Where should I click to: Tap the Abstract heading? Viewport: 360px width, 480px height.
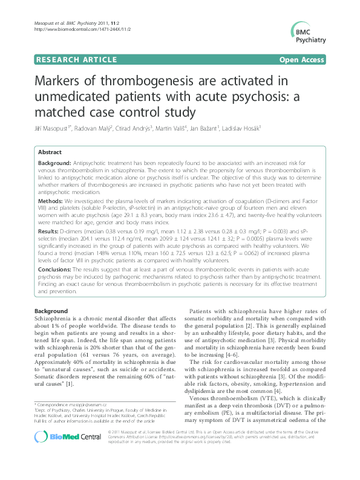(50, 153)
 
